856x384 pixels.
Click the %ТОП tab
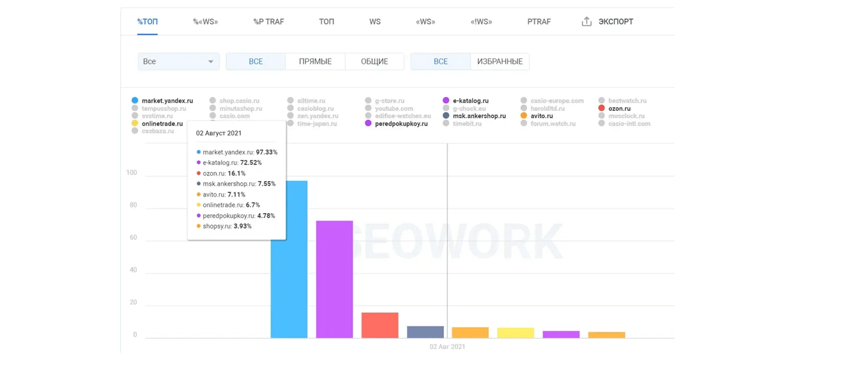pyautogui.click(x=148, y=22)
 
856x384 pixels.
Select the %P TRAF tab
pyautogui.click(x=268, y=22)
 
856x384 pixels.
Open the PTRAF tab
pyautogui.click(x=539, y=22)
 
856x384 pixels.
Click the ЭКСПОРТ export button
pyautogui.click(x=608, y=22)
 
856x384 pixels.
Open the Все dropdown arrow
pyautogui.click(x=210, y=62)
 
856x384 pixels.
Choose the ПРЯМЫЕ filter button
pyautogui.click(x=315, y=62)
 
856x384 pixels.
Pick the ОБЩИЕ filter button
pyautogui.click(x=374, y=62)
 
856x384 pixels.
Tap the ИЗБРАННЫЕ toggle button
pyautogui.click(x=500, y=62)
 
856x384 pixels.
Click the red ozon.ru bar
pyautogui.click(x=379, y=325)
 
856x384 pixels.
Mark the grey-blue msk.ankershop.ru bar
pyautogui.click(x=425, y=332)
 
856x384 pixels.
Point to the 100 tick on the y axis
pyautogui.click(x=132, y=173)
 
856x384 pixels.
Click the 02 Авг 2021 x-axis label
pyautogui.click(x=447, y=347)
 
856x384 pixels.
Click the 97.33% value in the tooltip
pyautogui.click(x=266, y=152)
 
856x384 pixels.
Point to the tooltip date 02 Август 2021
pyautogui.click(x=218, y=133)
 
